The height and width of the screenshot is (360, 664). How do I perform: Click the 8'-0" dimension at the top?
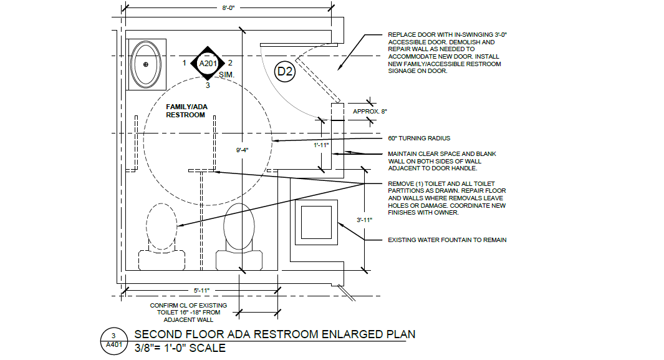[x=228, y=7]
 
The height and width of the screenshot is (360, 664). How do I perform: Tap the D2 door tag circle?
[x=284, y=71]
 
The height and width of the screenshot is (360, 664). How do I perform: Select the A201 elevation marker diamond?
[x=208, y=64]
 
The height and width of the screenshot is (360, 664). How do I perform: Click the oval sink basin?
[x=146, y=64]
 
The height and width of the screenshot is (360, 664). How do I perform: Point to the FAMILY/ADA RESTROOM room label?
[x=186, y=111]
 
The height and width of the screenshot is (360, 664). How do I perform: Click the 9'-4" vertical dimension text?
[x=242, y=150]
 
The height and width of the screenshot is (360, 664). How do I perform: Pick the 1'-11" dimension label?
[x=321, y=145]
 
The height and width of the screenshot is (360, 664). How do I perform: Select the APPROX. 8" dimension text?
[x=370, y=112]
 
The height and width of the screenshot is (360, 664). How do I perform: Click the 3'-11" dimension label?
[x=364, y=220]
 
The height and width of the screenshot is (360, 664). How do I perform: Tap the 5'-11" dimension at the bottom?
[x=201, y=291]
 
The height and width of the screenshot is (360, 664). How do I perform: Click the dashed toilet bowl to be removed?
[x=161, y=227]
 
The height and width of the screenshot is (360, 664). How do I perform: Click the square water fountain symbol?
[x=316, y=222]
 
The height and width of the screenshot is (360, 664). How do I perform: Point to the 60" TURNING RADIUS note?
[x=419, y=138]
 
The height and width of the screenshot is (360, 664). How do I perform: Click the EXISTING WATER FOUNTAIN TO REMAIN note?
[x=447, y=240]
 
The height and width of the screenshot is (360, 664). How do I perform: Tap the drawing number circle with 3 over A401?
[x=114, y=341]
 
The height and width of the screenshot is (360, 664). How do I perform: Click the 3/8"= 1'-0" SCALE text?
[x=180, y=348]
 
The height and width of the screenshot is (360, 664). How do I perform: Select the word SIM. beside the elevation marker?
[x=226, y=75]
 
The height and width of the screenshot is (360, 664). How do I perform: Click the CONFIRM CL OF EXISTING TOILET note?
[x=188, y=313]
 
